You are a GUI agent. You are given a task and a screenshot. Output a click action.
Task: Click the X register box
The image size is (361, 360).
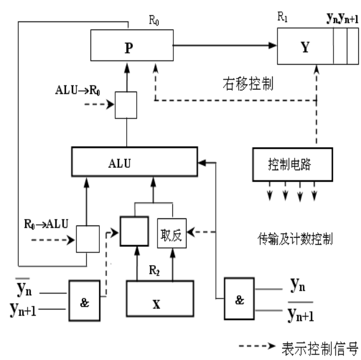coord(160,297)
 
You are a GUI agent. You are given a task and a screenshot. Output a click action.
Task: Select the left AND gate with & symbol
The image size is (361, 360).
coord(84,300)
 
